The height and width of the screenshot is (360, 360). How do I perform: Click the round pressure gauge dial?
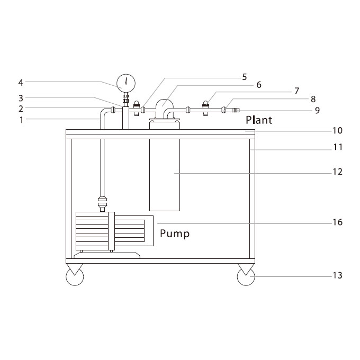tap(126, 83)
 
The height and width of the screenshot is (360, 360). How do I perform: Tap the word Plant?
tap(259, 120)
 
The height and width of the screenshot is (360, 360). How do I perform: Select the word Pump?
tap(175, 233)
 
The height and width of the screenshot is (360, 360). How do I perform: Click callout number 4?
tap(21, 83)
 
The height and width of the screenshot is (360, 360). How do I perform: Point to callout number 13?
tap(338, 275)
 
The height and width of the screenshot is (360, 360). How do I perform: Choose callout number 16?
tap(338, 222)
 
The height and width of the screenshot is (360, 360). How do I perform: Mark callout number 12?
tap(338, 172)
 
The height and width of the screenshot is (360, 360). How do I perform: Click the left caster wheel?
tap(75, 277)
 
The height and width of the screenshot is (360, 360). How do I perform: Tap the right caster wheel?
tap(246, 277)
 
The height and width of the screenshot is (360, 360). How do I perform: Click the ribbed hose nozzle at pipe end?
tap(236, 110)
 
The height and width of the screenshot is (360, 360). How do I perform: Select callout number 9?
tap(317, 110)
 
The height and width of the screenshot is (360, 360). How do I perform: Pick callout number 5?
tap(245, 77)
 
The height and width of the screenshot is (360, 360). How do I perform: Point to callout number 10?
tap(338, 130)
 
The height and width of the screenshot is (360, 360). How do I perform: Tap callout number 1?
tap(21, 120)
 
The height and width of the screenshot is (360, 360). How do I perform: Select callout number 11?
tap(338, 147)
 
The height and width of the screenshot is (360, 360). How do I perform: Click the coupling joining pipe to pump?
tap(102, 202)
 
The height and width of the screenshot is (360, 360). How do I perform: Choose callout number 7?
tap(296, 91)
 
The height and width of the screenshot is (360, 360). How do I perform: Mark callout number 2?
tap(21, 109)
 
